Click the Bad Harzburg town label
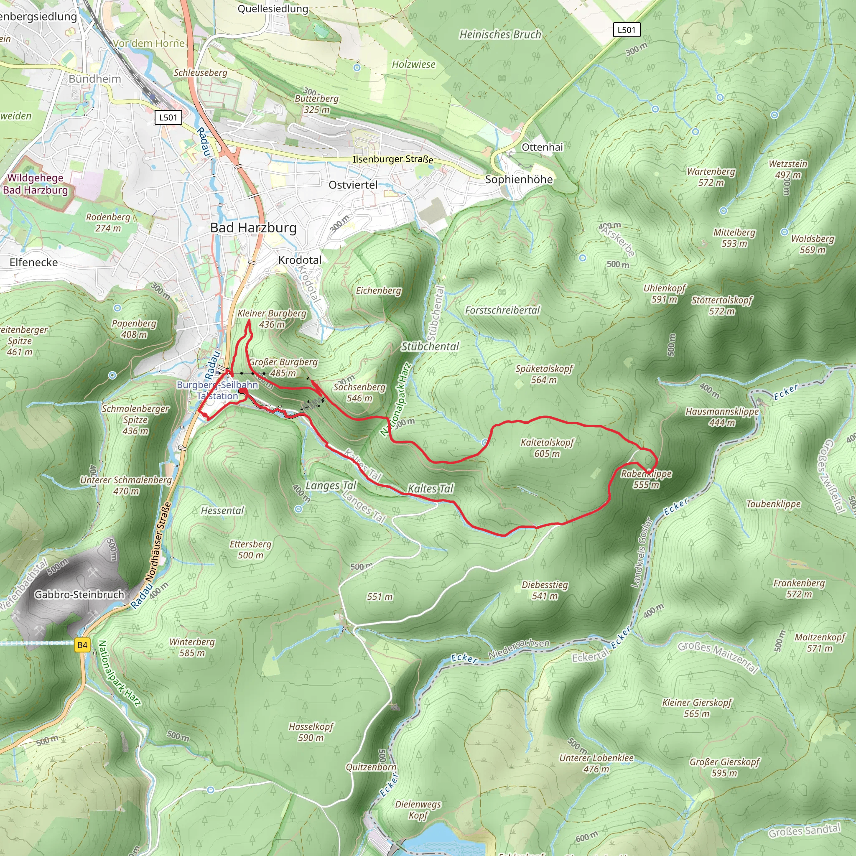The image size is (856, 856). tap(253, 228)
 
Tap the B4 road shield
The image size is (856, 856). tap(82, 645)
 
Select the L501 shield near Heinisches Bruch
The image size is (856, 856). tap(627, 30)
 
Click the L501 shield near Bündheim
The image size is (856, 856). tap(168, 117)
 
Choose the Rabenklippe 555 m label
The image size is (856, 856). tap(646, 479)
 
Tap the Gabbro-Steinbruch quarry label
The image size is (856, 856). tap(79, 595)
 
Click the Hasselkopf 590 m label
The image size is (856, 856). tap(311, 732)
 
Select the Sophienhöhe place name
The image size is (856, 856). tap(519, 179)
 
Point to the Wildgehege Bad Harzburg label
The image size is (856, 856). tap(36, 184)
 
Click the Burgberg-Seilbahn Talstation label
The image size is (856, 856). tap(217, 390)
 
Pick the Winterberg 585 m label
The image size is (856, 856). tap(192, 647)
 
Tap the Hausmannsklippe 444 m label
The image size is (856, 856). tap(722, 417)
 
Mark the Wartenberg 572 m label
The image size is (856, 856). tap(711, 177)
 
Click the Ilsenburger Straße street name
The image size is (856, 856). tap(392, 159)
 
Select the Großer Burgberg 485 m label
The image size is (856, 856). tap(283, 367)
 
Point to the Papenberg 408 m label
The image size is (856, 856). tap(134, 329)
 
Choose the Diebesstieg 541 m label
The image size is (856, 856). tap(545, 590)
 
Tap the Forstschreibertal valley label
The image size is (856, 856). tap(502, 310)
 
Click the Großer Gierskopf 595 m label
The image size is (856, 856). tap(724, 767)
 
